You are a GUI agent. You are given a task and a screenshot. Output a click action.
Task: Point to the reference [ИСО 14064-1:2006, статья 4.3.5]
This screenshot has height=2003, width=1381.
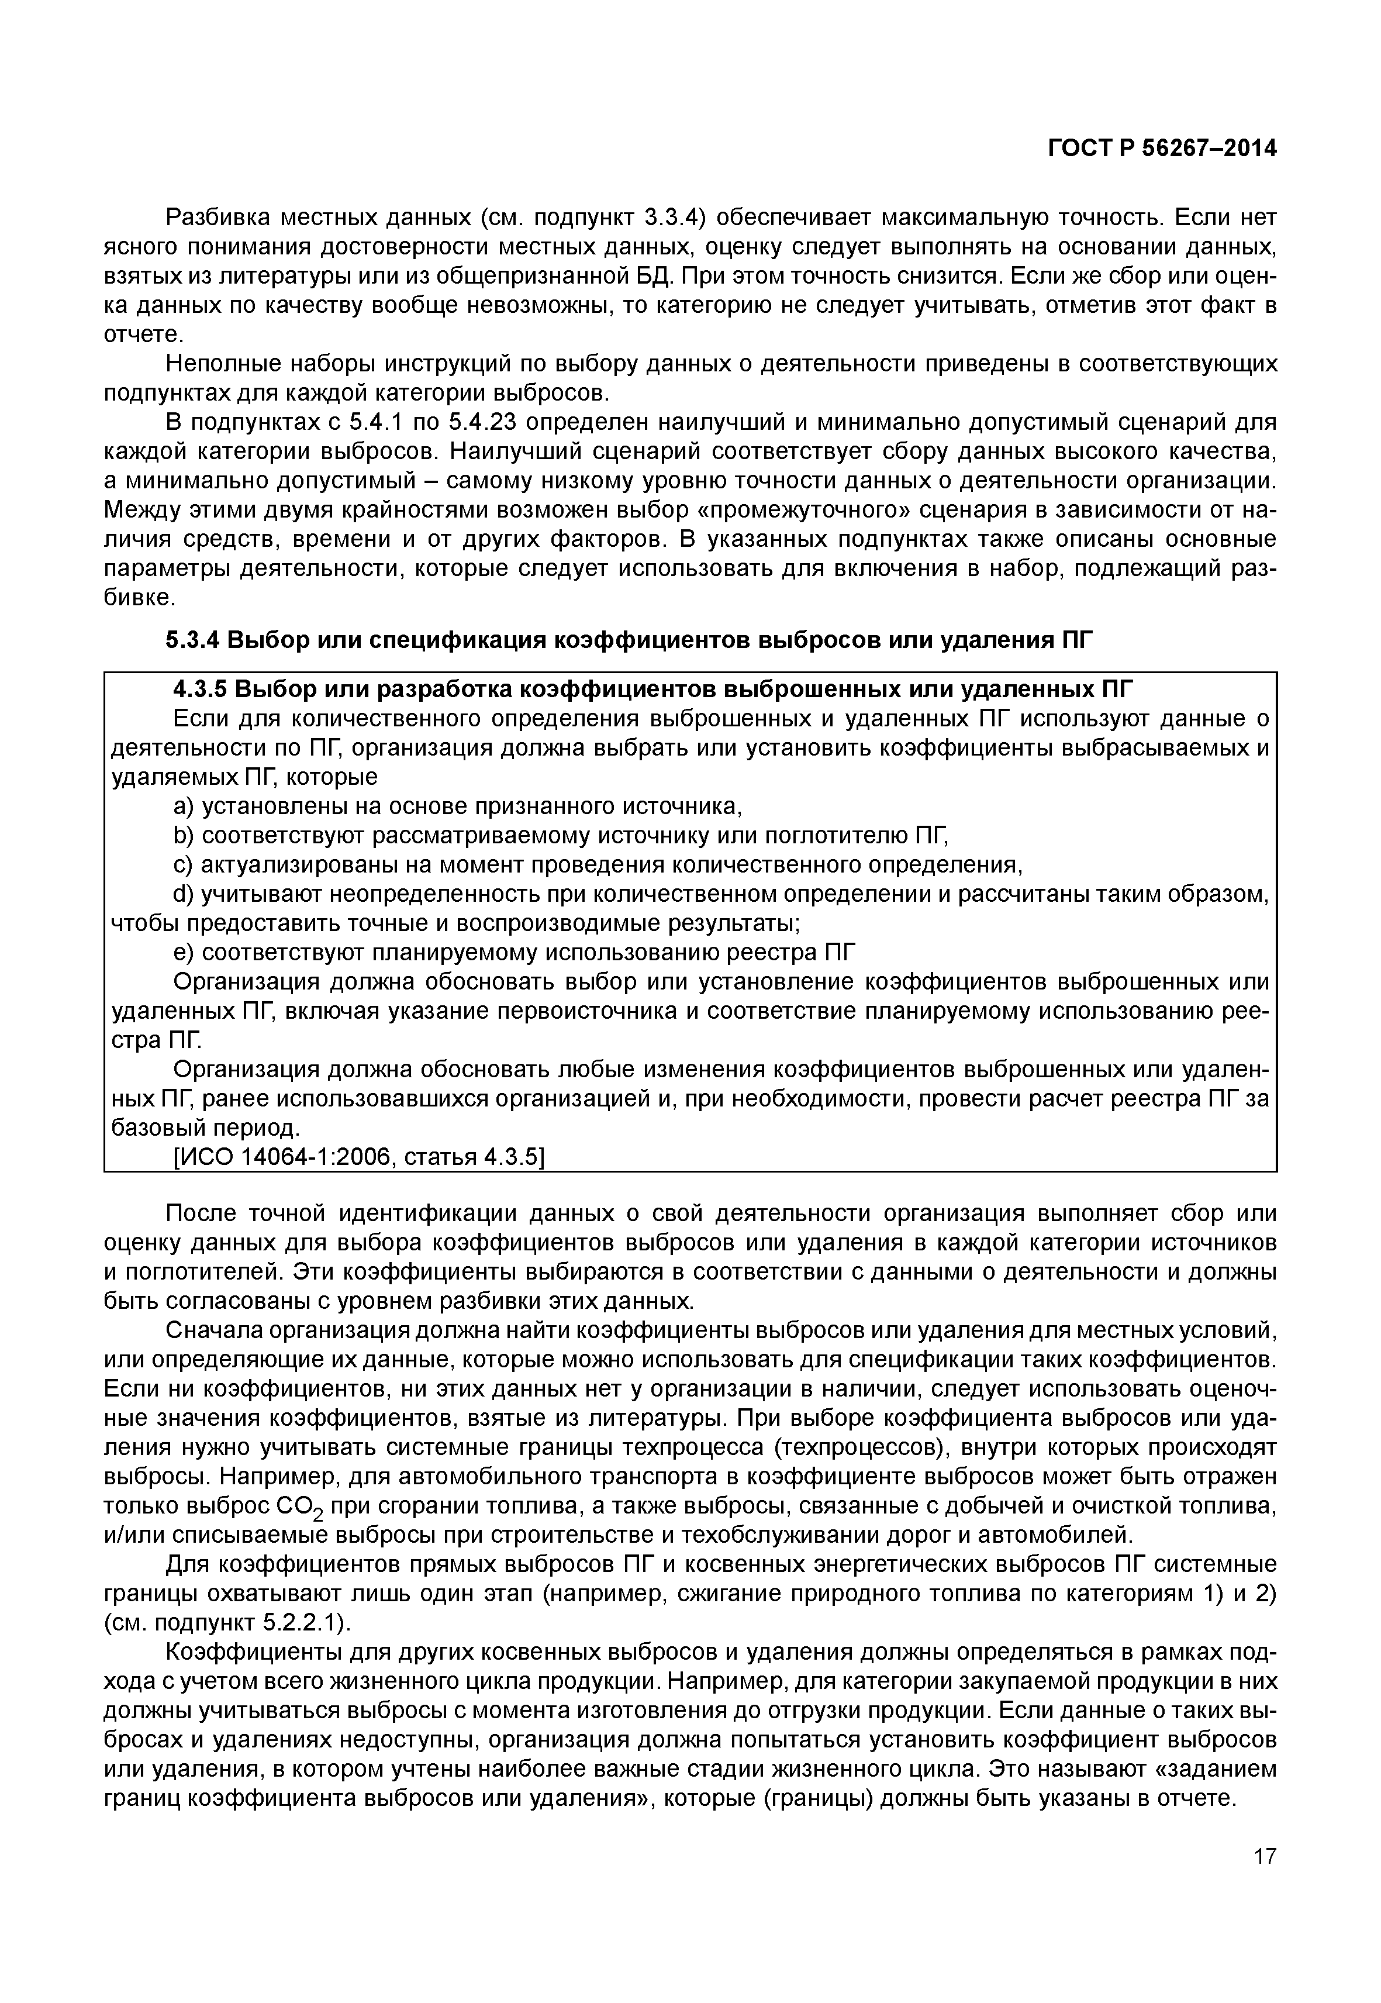(359, 1157)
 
